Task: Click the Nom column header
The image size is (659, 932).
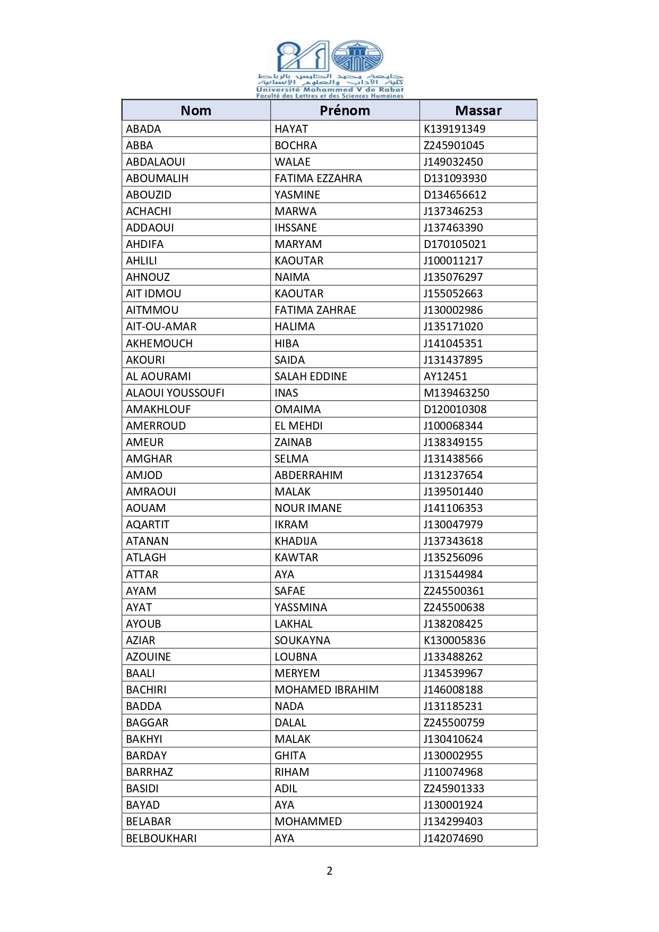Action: [x=196, y=110]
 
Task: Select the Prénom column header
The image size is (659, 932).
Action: [x=345, y=110]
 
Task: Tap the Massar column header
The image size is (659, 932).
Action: [x=478, y=110]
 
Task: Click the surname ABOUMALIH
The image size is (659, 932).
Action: [x=157, y=178]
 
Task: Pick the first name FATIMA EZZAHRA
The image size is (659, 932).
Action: [x=318, y=178]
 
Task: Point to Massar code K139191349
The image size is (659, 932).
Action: [x=455, y=129]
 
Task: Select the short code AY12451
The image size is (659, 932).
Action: [x=446, y=377]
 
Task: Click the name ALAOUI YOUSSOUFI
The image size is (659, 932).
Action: [x=175, y=393]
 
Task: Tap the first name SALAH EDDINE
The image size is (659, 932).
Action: [x=311, y=377]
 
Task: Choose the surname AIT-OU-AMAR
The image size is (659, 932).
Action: [x=161, y=327]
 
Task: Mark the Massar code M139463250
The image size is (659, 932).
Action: [x=457, y=393]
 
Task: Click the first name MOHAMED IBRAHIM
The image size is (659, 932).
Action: [x=327, y=690]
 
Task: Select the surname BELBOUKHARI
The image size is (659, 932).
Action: [x=161, y=839]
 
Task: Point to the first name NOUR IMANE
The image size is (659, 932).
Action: [x=308, y=508]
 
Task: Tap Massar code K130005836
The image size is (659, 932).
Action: [x=455, y=640]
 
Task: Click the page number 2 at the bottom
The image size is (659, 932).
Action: [x=329, y=871]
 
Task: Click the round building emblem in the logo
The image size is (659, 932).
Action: [x=357, y=56]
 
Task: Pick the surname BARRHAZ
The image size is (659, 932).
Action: [x=149, y=772]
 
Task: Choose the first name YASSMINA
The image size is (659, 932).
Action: [x=301, y=608]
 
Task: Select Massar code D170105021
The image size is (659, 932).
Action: [x=455, y=244]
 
